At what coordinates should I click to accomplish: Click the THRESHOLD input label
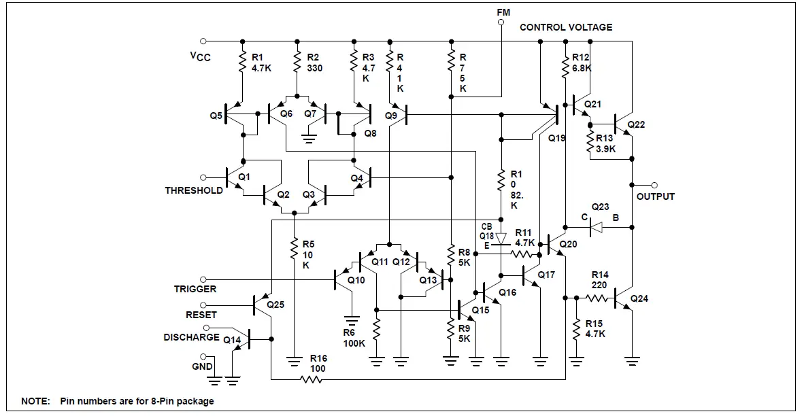point(194,191)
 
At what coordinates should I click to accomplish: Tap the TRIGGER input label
point(195,289)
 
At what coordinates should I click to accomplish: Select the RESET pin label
point(201,315)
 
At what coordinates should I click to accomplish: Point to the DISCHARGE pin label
point(191,337)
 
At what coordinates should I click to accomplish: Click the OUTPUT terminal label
point(656,196)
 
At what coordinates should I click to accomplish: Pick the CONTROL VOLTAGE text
point(566,27)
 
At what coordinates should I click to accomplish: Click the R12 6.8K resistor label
point(582,63)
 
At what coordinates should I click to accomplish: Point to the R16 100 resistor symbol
point(312,379)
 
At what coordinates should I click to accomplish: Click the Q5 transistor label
point(216,116)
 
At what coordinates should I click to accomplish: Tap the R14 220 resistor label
point(599,280)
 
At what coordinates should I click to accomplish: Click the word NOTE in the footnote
point(35,401)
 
